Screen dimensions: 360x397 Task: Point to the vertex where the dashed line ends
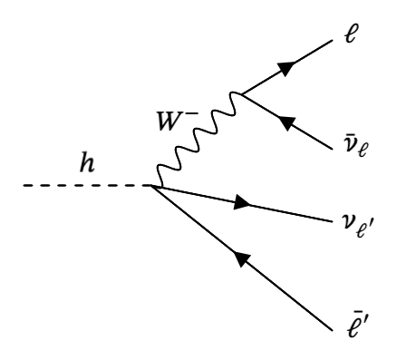pyautogui.click(x=152, y=186)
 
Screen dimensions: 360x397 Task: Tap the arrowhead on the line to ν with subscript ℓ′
pyautogui.click(x=242, y=204)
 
